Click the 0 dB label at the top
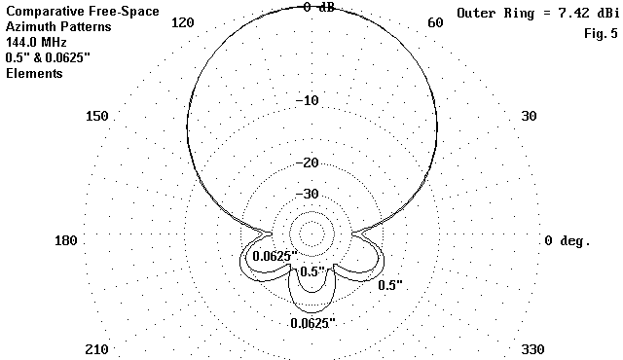click(x=319, y=7)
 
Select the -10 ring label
click(x=308, y=100)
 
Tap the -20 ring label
click(x=308, y=162)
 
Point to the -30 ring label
click(x=308, y=194)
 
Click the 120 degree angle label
click(x=183, y=22)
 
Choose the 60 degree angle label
click(x=435, y=22)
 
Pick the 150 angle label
click(x=97, y=117)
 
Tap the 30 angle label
click(x=529, y=117)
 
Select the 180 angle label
click(x=66, y=240)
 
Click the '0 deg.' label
click(x=568, y=241)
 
